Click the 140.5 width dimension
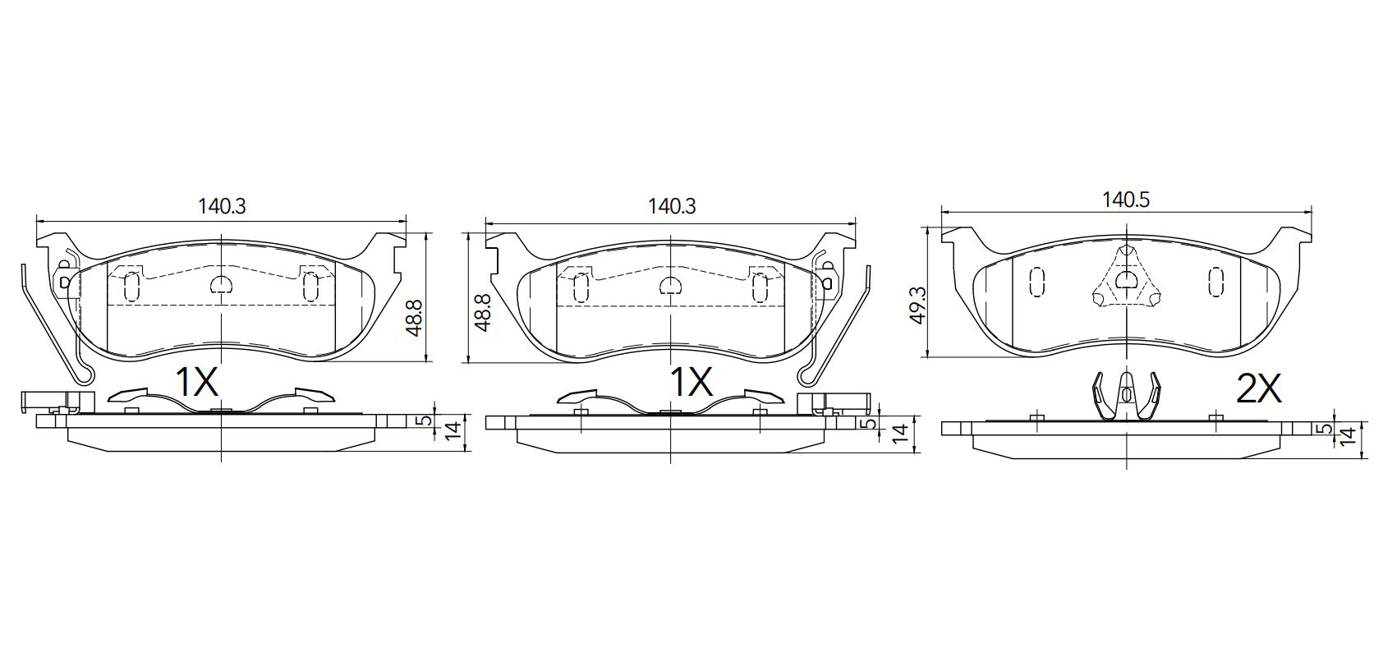(x=1126, y=200)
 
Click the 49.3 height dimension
(x=919, y=305)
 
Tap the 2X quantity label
(x=1259, y=389)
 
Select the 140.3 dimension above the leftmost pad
(x=222, y=206)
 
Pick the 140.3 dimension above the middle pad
(x=672, y=206)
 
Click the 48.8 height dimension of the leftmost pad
(x=414, y=317)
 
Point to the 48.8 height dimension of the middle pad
(x=482, y=312)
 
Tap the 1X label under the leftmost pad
(x=197, y=382)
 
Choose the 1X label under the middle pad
(x=691, y=382)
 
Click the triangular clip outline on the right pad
(x=1128, y=246)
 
